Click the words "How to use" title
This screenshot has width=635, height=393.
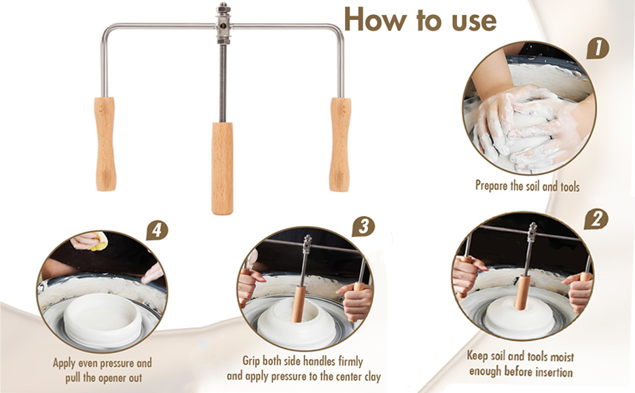coord(420,20)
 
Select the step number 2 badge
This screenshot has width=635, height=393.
coord(596,220)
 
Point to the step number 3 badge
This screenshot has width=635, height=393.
coord(364,227)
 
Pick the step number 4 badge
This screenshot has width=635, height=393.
coord(156,231)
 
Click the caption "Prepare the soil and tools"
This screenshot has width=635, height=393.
coord(527,186)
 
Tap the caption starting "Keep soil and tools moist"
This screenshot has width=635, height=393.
coord(521,364)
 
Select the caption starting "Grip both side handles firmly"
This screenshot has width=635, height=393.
coord(304,369)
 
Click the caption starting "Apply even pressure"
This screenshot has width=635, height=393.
coord(103,370)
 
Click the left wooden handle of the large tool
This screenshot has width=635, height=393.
coord(105,144)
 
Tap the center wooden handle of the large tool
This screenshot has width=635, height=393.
coord(223,168)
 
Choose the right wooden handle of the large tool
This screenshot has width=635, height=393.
coord(340,144)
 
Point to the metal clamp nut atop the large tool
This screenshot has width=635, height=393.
coord(223,24)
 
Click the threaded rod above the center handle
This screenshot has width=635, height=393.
coord(223,83)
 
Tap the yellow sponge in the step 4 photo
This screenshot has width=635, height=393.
coord(98,240)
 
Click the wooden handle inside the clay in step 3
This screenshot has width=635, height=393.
coord(299,304)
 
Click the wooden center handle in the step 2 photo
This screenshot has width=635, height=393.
coord(522,292)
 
